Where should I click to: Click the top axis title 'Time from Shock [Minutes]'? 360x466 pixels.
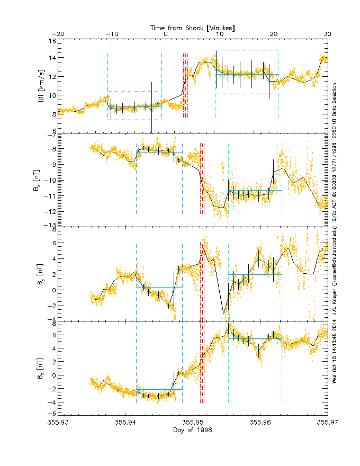click(193, 27)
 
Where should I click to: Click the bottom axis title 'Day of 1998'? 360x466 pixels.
click(193, 429)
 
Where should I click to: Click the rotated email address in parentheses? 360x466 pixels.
click(335, 265)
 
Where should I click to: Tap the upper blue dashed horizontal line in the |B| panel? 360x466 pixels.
click(247, 50)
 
